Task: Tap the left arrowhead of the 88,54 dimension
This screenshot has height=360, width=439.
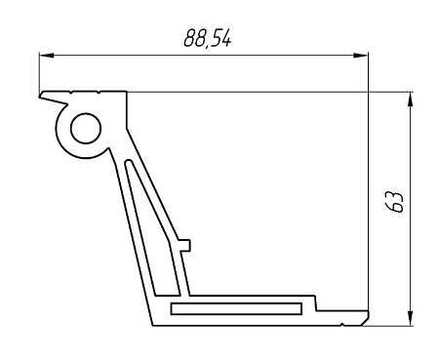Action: (x=46, y=55)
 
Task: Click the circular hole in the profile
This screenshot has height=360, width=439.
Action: (x=83, y=127)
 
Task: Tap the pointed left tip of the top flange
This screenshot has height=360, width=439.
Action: (x=42, y=97)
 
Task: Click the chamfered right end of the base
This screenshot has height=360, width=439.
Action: (x=365, y=318)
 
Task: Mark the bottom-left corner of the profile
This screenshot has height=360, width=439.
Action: (x=153, y=324)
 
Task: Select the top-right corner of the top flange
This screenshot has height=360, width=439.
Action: (x=127, y=93)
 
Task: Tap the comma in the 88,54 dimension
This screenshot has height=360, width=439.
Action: (x=206, y=46)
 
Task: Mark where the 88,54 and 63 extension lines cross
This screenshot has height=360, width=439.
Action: (x=371, y=93)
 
